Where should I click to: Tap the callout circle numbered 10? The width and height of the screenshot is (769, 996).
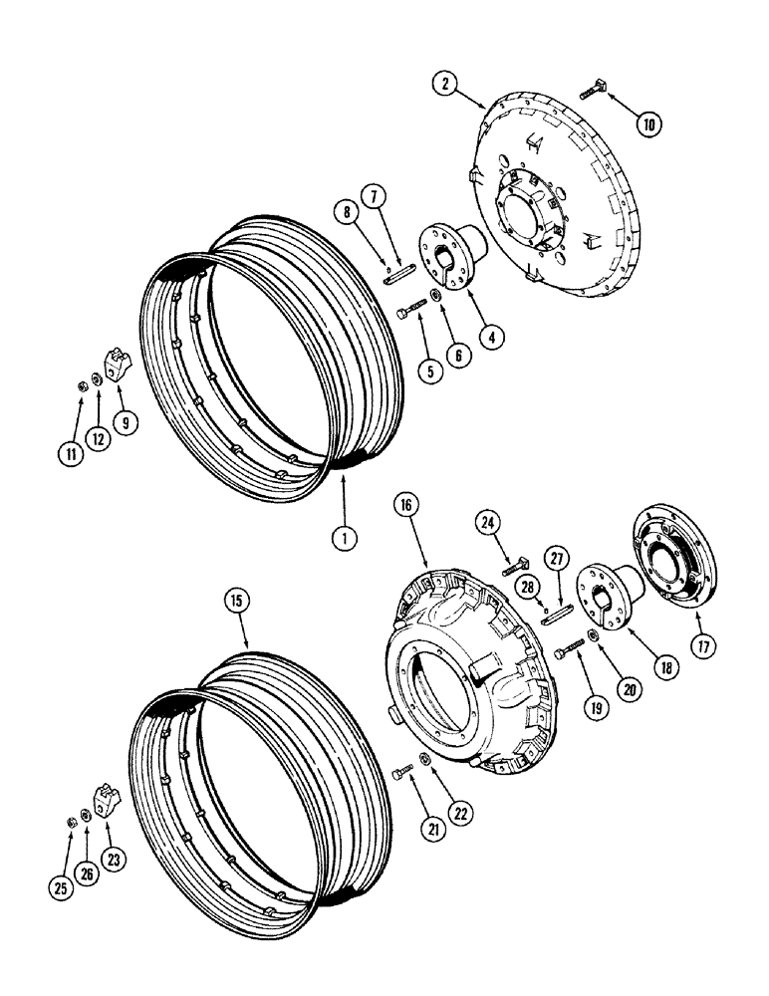649,125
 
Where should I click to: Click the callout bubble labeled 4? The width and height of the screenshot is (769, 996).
488,336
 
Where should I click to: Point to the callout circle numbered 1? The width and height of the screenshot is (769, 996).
345,538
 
